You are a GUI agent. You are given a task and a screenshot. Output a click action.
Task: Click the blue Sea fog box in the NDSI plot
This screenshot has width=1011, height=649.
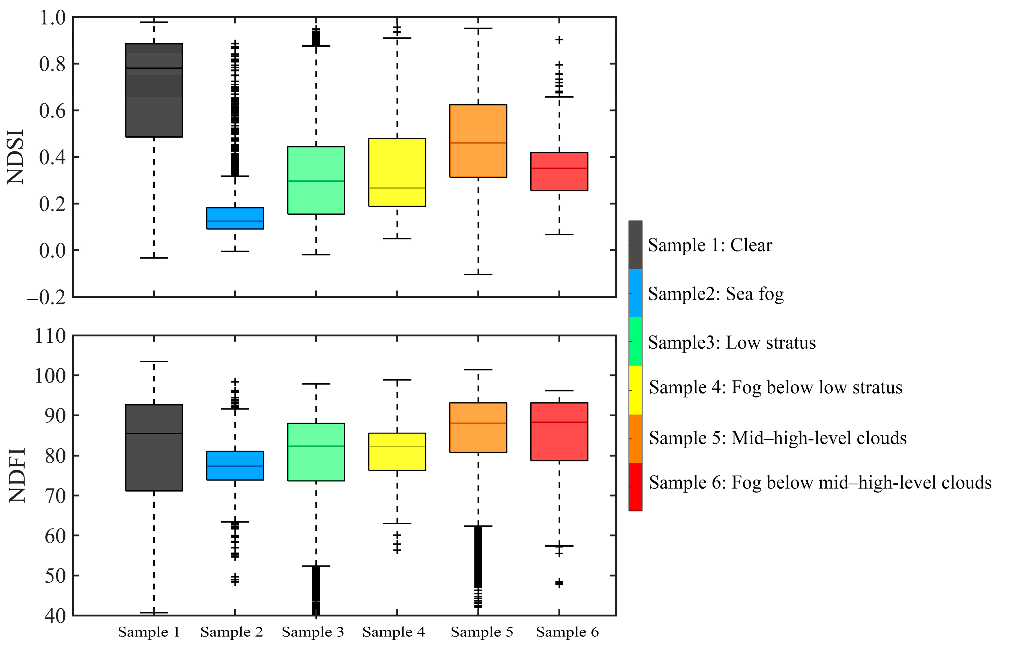(235, 218)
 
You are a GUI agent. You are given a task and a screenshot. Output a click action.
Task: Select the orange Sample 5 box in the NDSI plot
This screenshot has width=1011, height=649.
(478, 141)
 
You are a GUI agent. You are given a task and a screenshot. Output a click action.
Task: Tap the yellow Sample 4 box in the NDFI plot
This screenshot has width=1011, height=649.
(397, 451)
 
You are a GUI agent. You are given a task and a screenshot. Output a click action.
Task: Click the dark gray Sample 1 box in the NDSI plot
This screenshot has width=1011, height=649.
(154, 90)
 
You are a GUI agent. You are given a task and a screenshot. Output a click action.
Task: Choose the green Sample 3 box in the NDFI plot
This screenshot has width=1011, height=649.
(316, 452)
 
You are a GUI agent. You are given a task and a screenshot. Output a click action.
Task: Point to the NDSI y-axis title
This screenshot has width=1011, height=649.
(16, 157)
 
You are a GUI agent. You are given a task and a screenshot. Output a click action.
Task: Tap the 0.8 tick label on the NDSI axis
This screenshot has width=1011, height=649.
(52, 64)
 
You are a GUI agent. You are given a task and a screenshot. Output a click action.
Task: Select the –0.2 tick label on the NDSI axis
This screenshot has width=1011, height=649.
(46, 298)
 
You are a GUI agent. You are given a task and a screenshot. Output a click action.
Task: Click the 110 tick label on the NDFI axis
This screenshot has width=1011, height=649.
(50, 336)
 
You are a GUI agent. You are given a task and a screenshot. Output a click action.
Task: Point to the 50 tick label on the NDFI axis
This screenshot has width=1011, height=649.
(55, 576)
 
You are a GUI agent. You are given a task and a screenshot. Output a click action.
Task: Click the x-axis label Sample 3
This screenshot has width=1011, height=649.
(313, 632)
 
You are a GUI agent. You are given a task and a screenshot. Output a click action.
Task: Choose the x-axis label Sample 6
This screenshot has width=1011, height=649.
(567, 632)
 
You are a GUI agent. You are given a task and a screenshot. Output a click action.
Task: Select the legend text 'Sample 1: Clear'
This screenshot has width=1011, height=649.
(710, 245)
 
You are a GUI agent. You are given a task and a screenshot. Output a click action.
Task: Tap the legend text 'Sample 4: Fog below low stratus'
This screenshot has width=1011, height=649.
(775, 387)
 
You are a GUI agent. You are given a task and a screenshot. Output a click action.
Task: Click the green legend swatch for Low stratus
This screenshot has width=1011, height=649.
(635, 341)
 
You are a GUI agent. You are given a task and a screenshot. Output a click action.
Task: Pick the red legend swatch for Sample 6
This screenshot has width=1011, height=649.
(635, 487)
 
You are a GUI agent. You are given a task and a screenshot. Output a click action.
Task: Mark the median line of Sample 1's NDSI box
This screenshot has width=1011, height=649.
(154, 68)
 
